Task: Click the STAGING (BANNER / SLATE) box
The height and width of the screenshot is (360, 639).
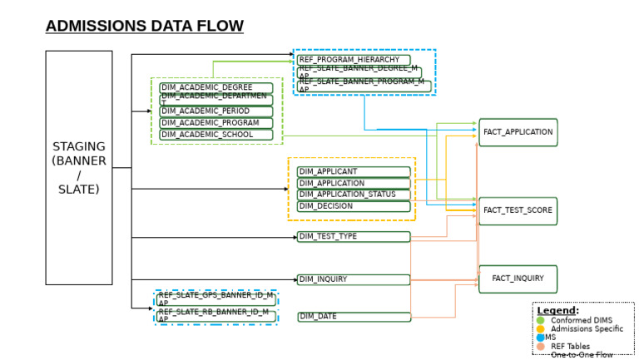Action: [x=78, y=167]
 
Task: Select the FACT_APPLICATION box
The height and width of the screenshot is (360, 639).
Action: [x=518, y=132]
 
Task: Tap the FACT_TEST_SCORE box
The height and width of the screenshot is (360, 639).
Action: [x=518, y=210]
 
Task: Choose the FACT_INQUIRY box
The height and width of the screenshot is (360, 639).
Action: [x=518, y=279]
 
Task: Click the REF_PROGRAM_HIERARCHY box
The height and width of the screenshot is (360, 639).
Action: [x=354, y=60]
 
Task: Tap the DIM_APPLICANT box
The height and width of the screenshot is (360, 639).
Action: [x=354, y=172]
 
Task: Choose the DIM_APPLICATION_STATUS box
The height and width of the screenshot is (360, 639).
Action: [x=354, y=195]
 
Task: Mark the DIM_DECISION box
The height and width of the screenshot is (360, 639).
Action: [x=354, y=206]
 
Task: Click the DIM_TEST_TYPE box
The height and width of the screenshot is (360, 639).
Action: [x=354, y=237]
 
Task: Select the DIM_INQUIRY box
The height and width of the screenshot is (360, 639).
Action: [x=354, y=279]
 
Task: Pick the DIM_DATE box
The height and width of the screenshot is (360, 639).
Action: [x=354, y=317]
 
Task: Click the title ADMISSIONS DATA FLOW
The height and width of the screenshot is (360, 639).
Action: [x=144, y=27]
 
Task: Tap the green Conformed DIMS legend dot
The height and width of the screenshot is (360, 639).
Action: [x=540, y=320]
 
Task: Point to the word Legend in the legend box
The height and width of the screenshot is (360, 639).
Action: [x=556, y=310]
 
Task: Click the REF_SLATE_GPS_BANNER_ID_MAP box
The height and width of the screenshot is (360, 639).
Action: [x=215, y=298]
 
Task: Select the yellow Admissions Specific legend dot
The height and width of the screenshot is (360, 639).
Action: [x=540, y=329]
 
